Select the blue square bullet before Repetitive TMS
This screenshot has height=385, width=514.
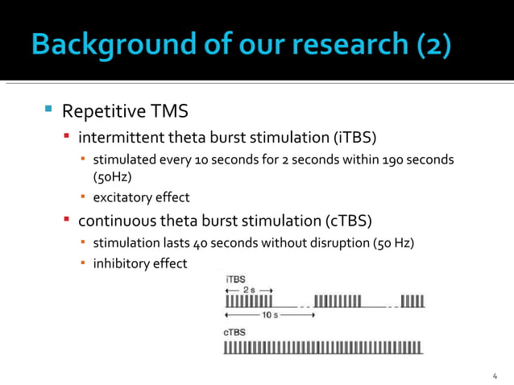coord(48,108)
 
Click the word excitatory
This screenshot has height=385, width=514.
coord(122,197)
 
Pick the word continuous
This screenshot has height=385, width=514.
coord(114,220)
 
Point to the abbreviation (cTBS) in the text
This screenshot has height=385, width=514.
coord(348,220)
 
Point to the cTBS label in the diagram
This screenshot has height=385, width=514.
coord(235,332)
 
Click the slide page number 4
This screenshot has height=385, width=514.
coord(495,375)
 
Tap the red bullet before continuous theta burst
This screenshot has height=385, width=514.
coord(68,219)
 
